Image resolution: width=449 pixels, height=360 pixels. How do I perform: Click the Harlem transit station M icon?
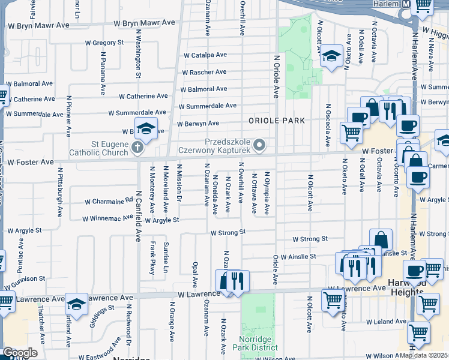point(406,4)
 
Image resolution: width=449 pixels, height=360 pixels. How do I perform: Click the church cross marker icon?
point(138,146)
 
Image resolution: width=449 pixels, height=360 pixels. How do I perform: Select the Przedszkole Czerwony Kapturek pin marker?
point(259,145)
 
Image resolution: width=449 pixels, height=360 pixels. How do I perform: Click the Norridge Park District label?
point(259,343)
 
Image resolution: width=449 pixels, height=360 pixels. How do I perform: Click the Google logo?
point(20,353)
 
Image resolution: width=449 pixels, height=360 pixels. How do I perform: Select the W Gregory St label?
point(104,43)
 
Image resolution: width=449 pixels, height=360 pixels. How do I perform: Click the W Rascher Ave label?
point(204,72)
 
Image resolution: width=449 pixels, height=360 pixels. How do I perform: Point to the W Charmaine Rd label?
point(109,201)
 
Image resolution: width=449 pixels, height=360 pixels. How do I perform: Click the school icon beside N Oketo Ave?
point(330,57)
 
